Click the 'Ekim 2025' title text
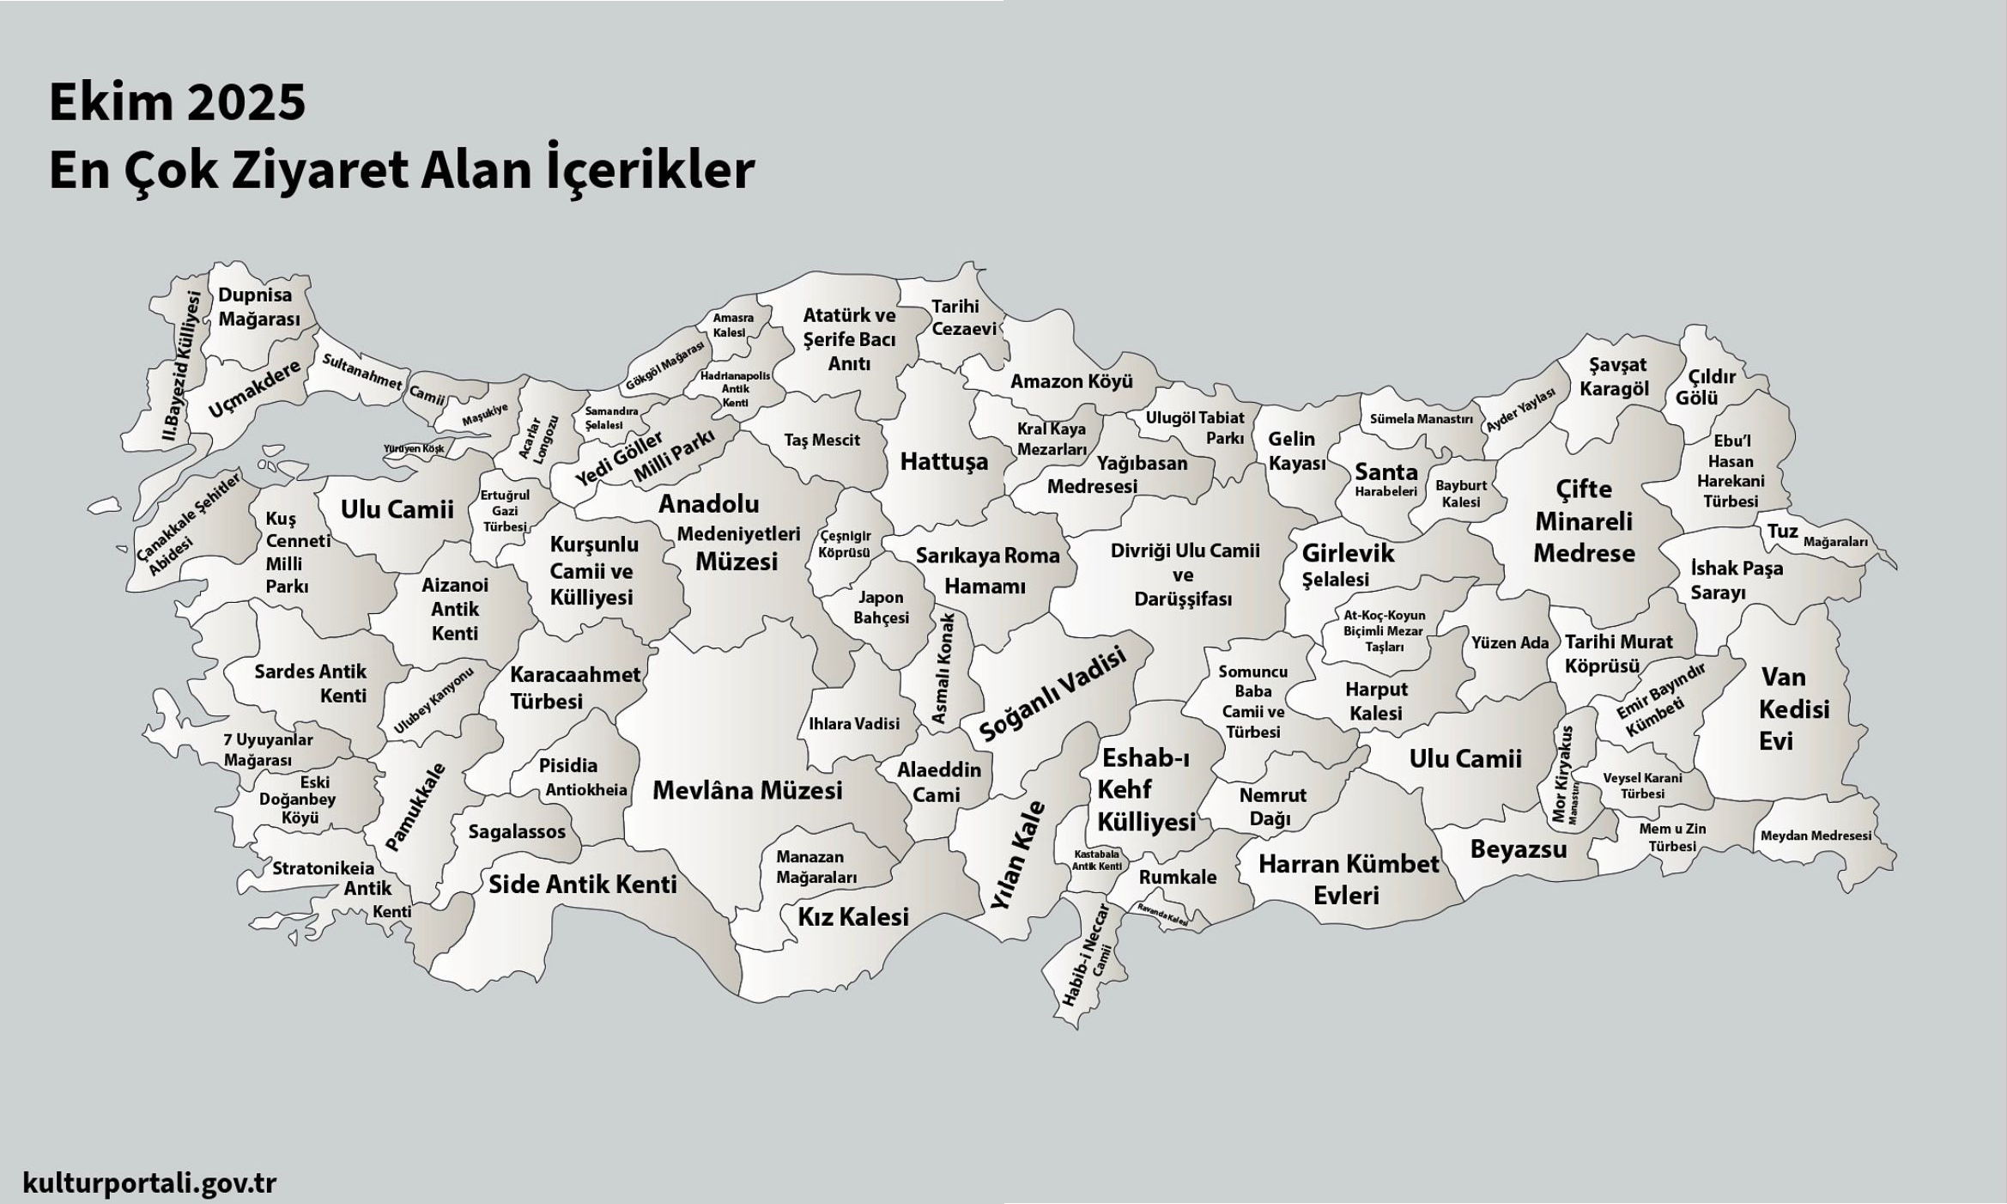(x=177, y=102)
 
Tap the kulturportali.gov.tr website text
(x=149, y=1183)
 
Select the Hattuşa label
(x=943, y=461)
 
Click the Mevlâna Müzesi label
(x=747, y=790)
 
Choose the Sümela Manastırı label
(x=1420, y=419)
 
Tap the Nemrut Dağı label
(x=1271, y=806)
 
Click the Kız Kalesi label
(x=852, y=916)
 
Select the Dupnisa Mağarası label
(x=258, y=307)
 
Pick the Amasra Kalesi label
(x=732, y=325)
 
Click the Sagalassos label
(x=517, y=831)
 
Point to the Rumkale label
(x=1177, y=877)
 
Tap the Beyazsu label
(x=1518, y=849)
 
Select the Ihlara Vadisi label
(x=853, y=724)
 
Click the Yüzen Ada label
(x=1509, y=642)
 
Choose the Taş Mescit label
(x=822, y=440)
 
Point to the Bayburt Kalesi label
(x=1460, y=493)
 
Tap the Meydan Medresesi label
(x=1815, y=836)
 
